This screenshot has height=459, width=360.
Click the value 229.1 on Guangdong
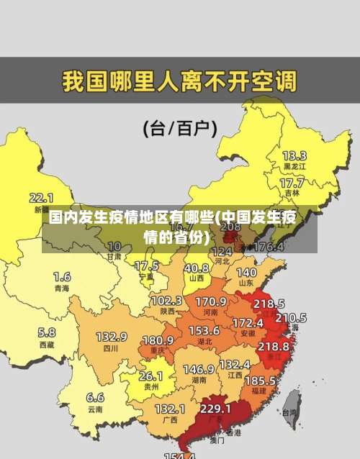tap(215, 408)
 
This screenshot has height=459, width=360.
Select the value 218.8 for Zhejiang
tap(273, 346)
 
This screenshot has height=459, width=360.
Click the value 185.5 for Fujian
tap(260, 380)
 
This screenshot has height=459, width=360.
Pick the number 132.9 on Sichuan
tap(112, 337)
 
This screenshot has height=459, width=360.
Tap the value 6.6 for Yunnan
tap(95, 397)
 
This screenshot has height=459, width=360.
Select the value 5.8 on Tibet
tap(47, 332)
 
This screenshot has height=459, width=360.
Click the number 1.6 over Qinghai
tap(62, 276)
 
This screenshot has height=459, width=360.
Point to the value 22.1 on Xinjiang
tap(41, 197)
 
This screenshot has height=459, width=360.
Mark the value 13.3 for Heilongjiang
tap(294, 155)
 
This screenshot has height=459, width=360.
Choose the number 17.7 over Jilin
tap(292, 183)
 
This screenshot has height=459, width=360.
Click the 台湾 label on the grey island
tap(289, 413)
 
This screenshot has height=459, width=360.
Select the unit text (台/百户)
tap(180, 129)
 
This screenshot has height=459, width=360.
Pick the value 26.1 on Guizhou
tap(150, 376)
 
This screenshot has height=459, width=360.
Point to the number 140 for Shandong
tap(246, 273)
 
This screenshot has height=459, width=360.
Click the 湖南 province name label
tap(199, 379)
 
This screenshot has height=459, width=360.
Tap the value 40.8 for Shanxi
tap(196, 268)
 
